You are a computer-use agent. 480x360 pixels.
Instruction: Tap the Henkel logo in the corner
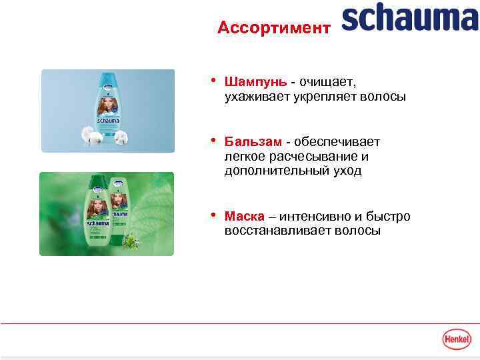coord(457,339)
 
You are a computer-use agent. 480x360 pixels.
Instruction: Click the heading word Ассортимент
coord(273,27)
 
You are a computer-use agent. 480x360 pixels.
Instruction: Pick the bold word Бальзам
coord(253,141)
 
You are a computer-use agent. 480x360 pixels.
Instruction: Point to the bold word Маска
coord(244,217)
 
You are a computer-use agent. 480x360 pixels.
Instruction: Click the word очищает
coord(328,82)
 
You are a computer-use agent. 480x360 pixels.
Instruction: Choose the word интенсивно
coord(314,217)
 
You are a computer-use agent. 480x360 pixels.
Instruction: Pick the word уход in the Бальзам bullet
coord(347,171)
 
